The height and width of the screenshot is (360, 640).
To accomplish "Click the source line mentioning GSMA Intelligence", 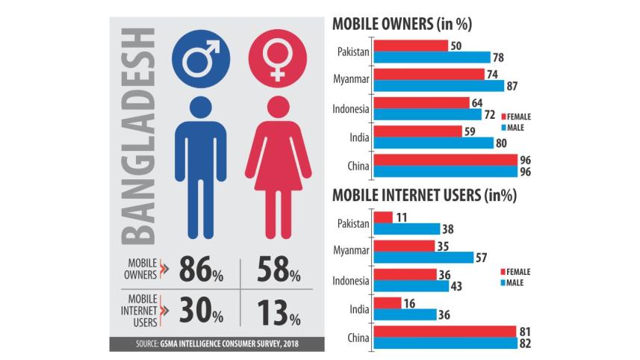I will (x=211, y=345).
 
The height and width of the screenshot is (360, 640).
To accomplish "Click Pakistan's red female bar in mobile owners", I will (x=410, y=46).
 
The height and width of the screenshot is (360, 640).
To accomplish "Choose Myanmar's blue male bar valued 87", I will (x=438, y=86).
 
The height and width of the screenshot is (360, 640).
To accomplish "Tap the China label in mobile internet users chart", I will (x=358, y=337).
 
